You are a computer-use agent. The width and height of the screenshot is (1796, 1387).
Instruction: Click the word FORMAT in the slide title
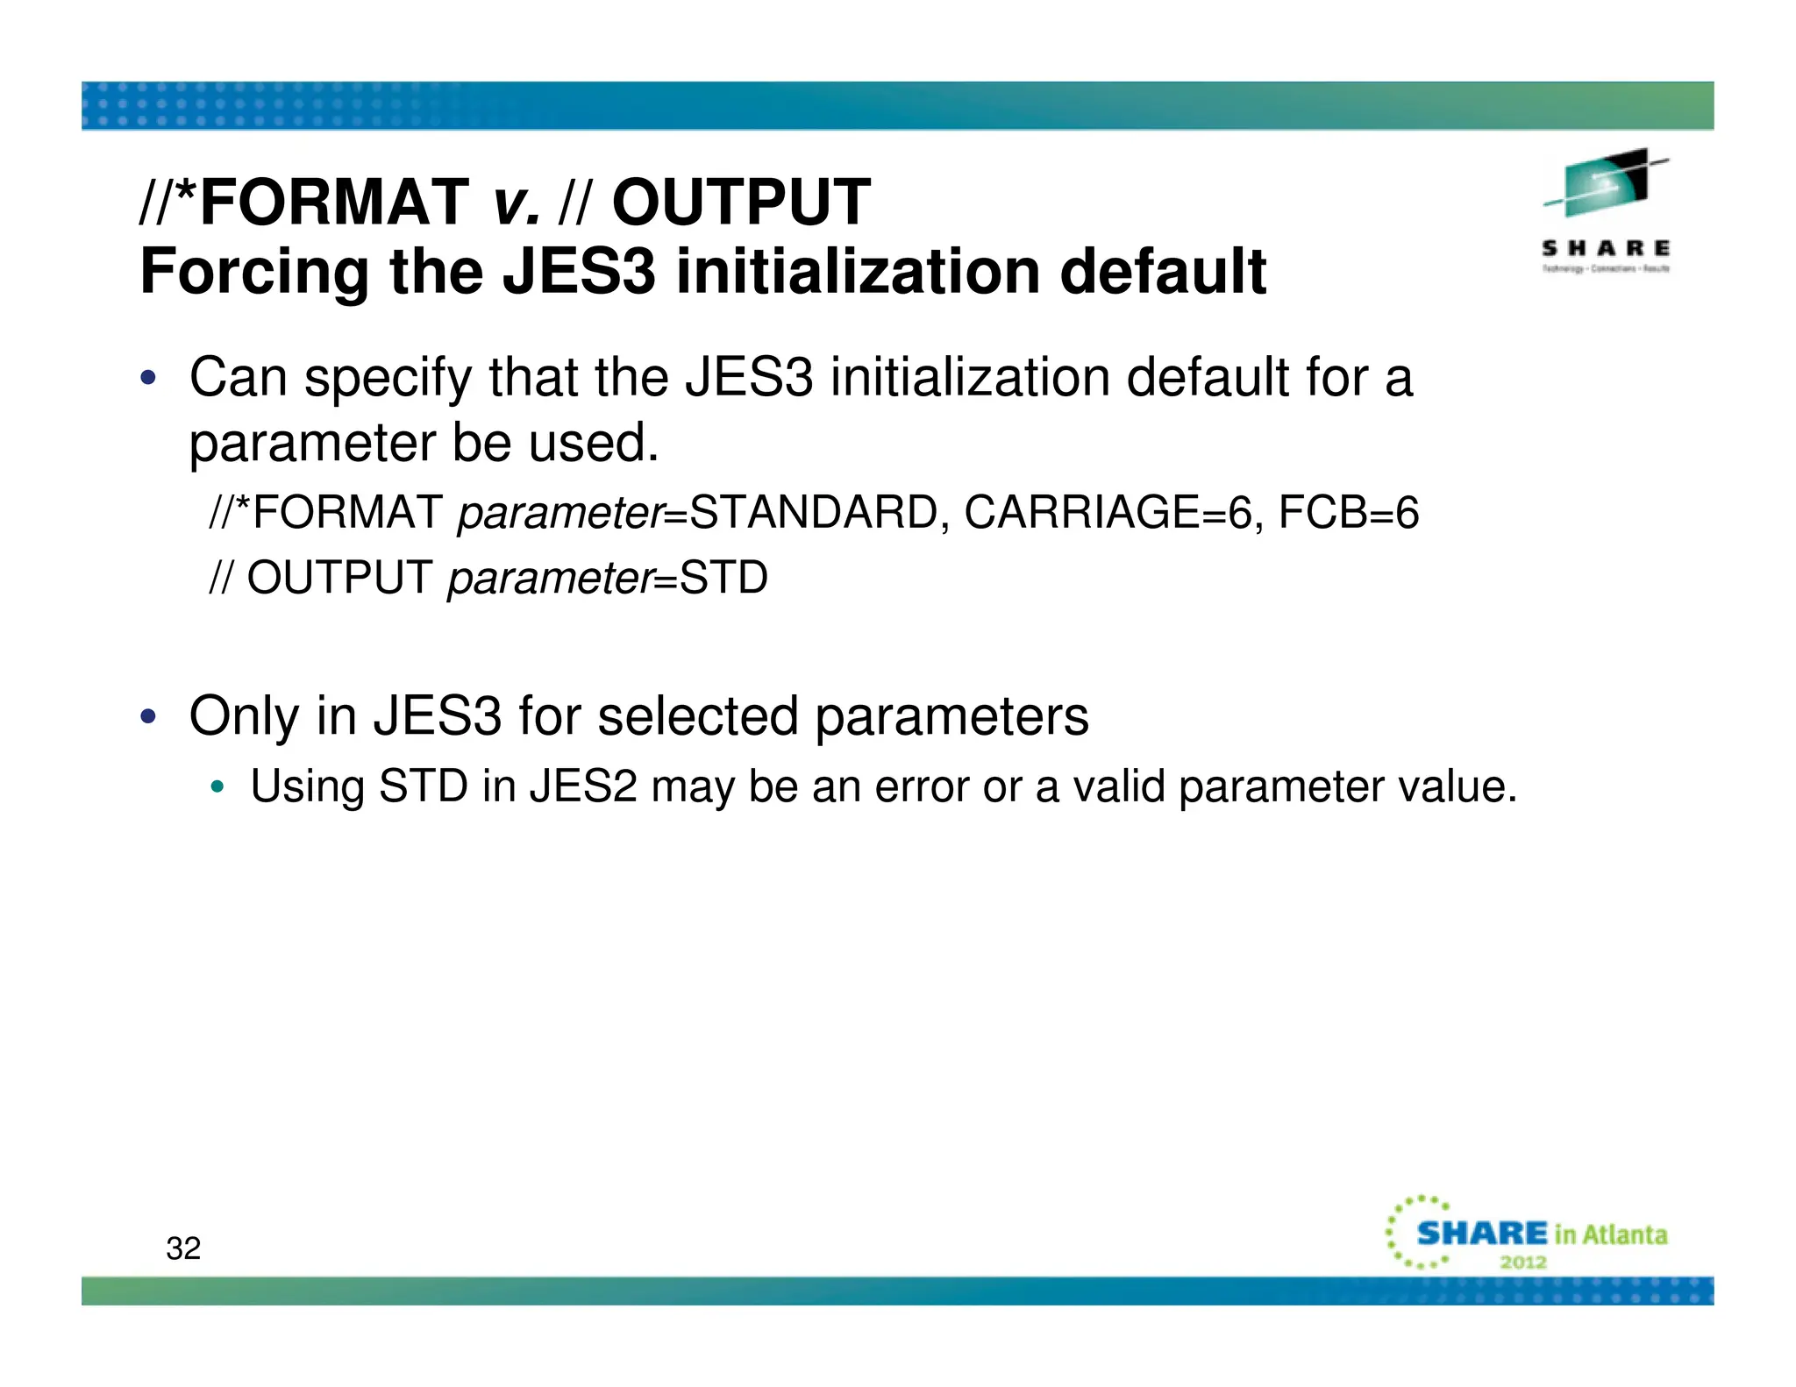point(334,203)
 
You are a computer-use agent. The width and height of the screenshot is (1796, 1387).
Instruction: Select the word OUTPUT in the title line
point(741,203)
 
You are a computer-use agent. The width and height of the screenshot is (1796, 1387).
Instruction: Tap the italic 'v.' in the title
point(516,203)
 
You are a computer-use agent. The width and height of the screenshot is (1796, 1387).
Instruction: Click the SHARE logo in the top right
point(1606,210)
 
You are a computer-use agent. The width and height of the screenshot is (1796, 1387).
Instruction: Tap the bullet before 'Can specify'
point(149,378)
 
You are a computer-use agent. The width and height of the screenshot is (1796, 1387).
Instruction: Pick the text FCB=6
point(1348,512)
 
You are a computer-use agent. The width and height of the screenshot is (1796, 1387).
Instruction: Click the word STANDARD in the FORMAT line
point(815,512)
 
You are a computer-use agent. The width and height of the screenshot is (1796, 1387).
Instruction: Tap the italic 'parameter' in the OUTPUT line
point(551,578)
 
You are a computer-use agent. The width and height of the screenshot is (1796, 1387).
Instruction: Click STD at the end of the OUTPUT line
point(723,578)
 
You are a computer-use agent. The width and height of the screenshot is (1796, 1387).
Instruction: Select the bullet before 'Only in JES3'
point(149,716)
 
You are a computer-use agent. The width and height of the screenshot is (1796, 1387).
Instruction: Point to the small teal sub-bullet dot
point(217,786)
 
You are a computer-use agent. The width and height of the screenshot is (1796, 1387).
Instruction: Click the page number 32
point(183,1248)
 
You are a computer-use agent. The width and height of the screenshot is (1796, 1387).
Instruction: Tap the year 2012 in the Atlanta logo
point(1523,1263)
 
